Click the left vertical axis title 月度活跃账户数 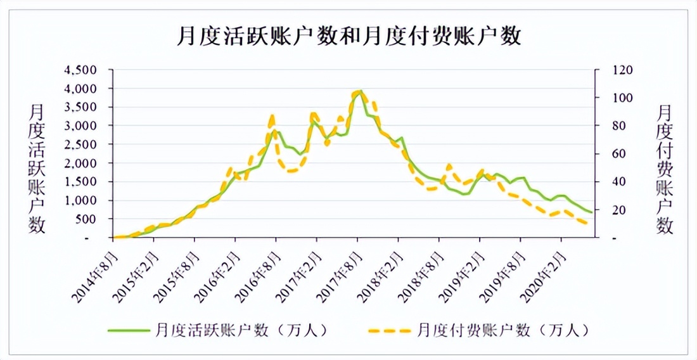(x=37, y=168)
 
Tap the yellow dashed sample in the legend (x=389, y=330)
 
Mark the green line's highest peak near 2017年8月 (x=360, y=91)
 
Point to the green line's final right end (x=592, y=212)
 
